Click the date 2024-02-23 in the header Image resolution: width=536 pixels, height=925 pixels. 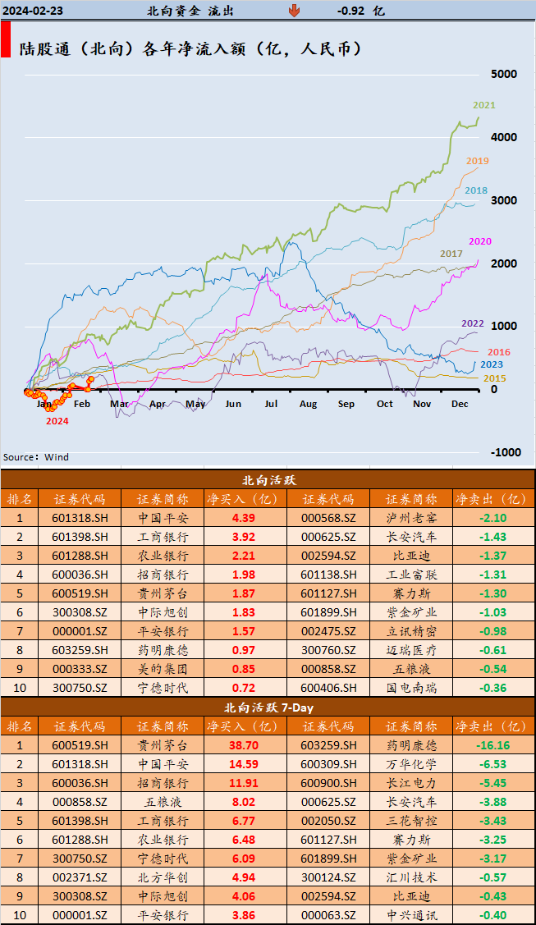[34, 11]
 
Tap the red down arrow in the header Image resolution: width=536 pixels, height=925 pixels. [294, 11]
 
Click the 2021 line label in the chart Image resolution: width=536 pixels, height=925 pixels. [484, 105]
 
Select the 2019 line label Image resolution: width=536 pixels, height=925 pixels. [477, 161]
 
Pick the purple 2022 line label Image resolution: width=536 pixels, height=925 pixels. [472, 323]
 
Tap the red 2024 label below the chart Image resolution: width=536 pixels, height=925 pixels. [57, 421]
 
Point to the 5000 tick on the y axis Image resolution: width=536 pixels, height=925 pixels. [503, 74]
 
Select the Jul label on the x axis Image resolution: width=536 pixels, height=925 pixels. [270, 404]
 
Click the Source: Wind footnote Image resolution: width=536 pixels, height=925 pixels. [36, 457]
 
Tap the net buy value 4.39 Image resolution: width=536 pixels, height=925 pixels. [244, 518]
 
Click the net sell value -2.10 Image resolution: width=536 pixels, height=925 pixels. [492, 518]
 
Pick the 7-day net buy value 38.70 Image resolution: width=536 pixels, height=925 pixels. [244, 745]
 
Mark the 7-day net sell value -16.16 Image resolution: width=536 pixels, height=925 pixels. [492, 745]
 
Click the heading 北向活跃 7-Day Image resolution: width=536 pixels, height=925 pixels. [268, 707]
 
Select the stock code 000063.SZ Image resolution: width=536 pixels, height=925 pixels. [328, 915]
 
